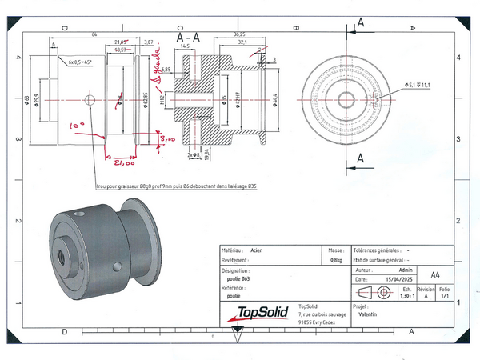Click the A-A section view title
coord(189,37)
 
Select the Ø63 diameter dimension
coord(26,98)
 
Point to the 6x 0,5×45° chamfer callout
coord(82,62)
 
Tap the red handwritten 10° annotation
coord(76,126)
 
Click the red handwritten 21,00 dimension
coord(123,162)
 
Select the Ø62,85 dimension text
coord(145,98)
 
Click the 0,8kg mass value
coord(337,260)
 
